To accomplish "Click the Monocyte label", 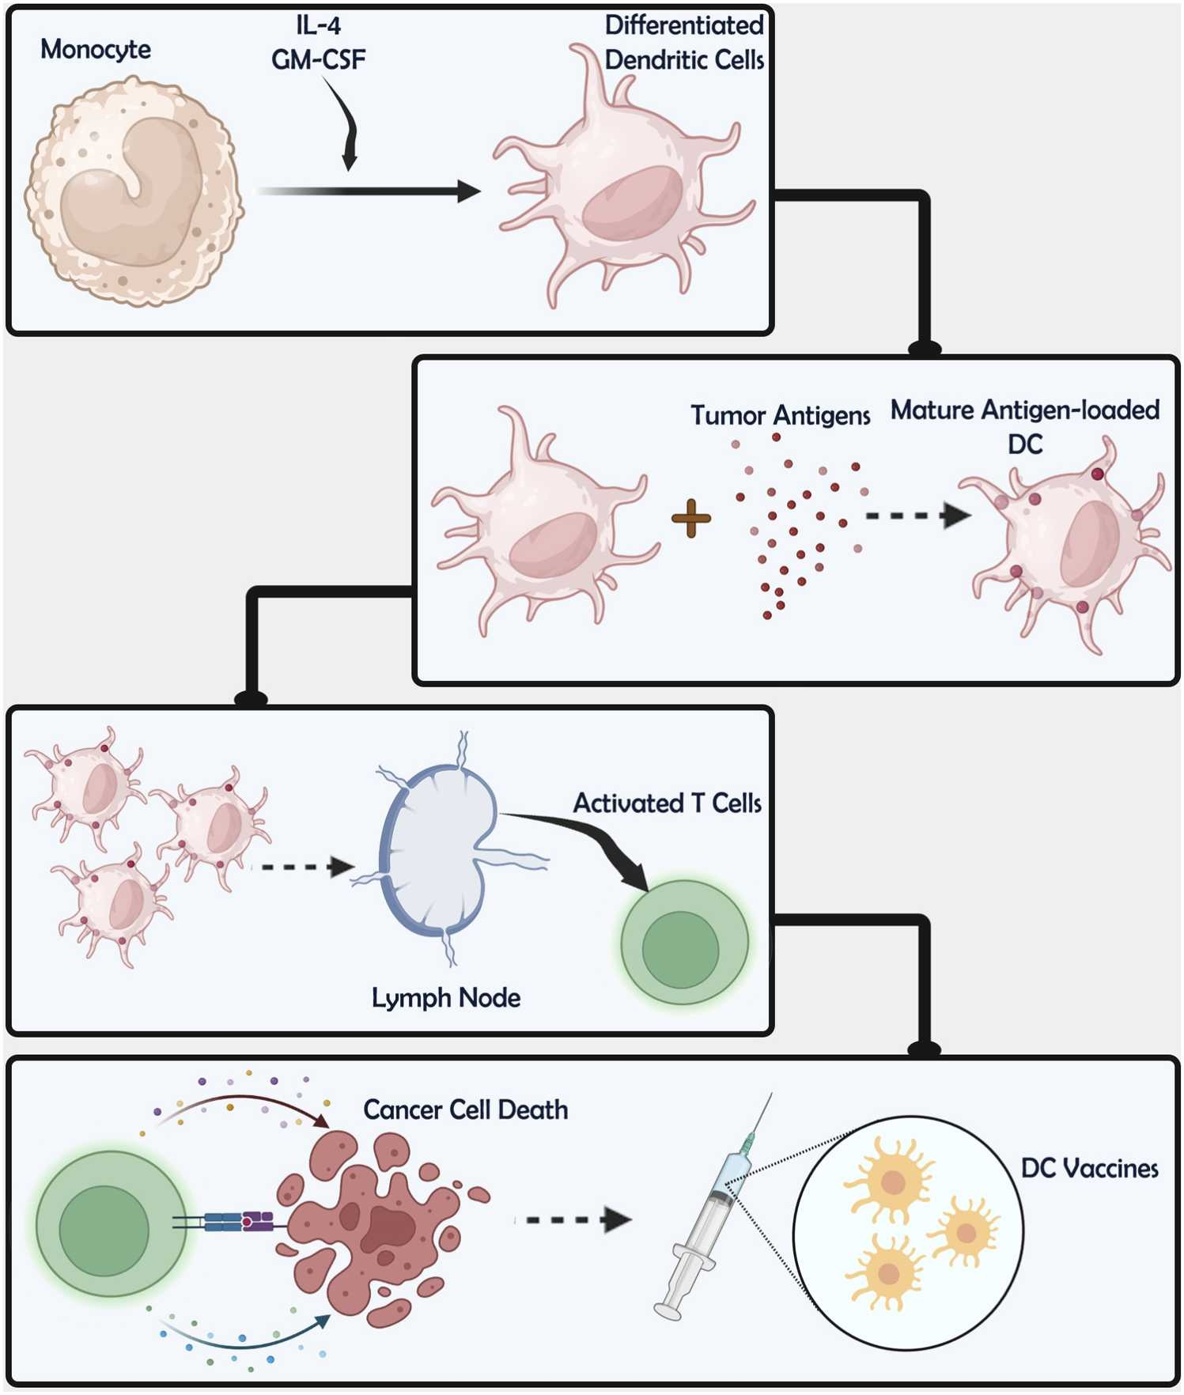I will point(96,50).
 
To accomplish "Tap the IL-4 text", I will point(319,26).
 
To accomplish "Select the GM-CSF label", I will point(319,60).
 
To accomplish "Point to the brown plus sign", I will point(691,519).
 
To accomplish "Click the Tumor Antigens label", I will point(780,415).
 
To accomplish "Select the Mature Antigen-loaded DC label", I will point(1025,426).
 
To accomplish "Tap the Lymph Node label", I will point(446,998).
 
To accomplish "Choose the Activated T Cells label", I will point(667,803).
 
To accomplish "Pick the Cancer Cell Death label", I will point(465,1110).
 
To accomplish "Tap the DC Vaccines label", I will point(1089,1169).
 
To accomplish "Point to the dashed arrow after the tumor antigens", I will point(917,516).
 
